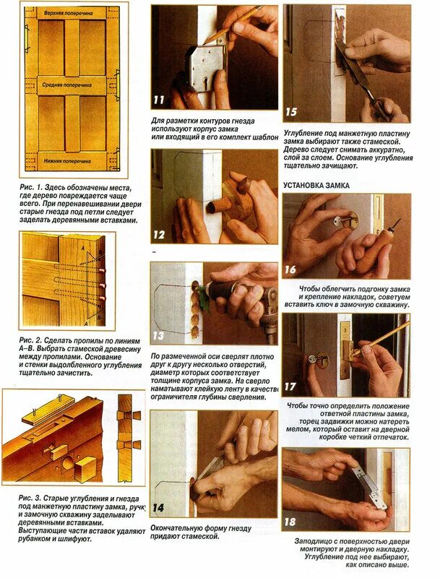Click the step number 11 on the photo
[x=159, y=100]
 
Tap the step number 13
[x=158, y=336]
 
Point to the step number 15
[x=290, y=112]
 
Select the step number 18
[x=290, y=522]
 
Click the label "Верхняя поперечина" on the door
[x=69, y=13]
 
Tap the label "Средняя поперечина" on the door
[x=66, y=85]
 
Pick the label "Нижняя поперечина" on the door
[x=67, y=161]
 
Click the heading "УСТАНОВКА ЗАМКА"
[x=316, y=186]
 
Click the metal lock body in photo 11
[x=205, y=69]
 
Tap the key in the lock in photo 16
[x=343, y=221]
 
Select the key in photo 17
[x=314, y=358]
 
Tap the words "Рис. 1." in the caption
[x=32, y=188]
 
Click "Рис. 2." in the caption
[x=32, y=340]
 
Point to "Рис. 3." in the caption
[x=31, y=499]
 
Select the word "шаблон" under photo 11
[x=265, y=137]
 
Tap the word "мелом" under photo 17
[x=297, y=429]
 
